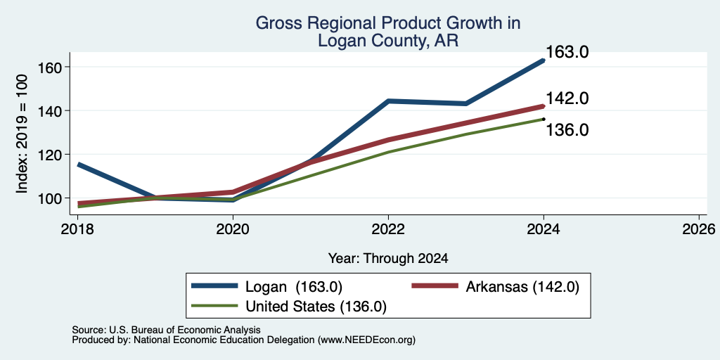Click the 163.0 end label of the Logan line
[567, 52]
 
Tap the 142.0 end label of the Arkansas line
[567, 98]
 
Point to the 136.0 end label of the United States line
[567, 130]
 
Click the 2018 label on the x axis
[77, 229]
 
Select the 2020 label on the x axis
[233, 229]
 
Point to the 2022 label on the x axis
[388, 229]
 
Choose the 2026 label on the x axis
[699, 229]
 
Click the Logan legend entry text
[294, 287]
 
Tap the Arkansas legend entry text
[522, 287]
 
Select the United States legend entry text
[316, 307]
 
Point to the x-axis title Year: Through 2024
[388, 259]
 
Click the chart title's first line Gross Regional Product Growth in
[388, 23]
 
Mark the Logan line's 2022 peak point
[388, 101]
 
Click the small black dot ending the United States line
[544, 119]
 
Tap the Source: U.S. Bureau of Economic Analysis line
[166, 330]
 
